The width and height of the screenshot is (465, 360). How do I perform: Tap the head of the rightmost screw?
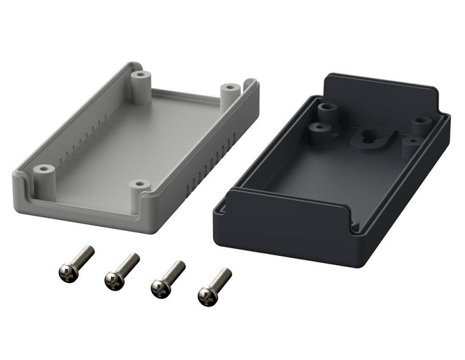[x=206, y=296]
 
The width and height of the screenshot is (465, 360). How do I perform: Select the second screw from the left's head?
[x=113, y=280]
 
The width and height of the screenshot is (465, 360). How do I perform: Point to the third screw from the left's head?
[x=160, y=287]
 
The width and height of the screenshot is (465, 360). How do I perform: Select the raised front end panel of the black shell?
[x=291, y=210]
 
